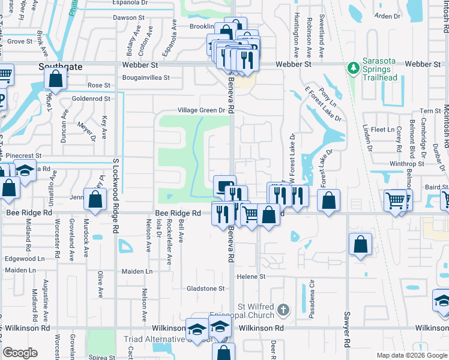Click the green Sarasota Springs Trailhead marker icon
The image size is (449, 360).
point(355,65)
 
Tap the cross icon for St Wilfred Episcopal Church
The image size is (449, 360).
point(284,310)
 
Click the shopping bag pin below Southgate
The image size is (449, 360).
point(55,79)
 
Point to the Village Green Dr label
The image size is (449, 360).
point(200,110)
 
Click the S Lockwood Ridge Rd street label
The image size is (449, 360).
point(115,190)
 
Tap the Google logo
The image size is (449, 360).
point(20,353)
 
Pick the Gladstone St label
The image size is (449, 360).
point(205,289)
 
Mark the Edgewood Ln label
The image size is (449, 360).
point(25,259)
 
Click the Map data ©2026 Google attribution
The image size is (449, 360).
point(411,355)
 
